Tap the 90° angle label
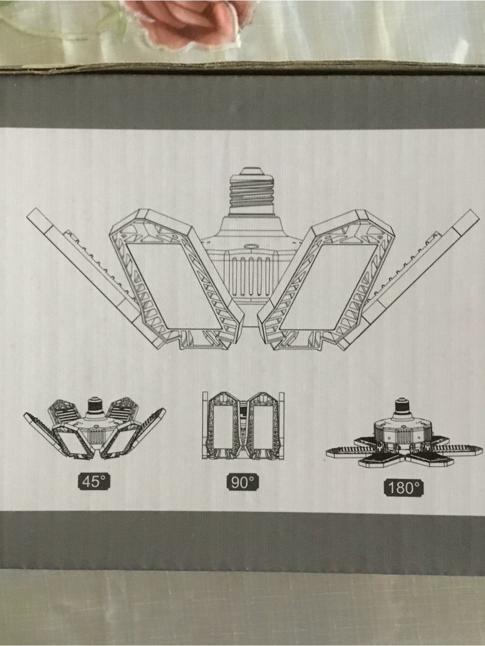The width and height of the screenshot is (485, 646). pos(242,482)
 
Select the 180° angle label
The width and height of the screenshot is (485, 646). pos(404,488)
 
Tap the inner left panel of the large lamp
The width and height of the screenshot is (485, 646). pos(177,280)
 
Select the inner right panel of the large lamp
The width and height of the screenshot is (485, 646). pos(327,280)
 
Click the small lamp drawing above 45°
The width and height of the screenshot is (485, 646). pos(94,429)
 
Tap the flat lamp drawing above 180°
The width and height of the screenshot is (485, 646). pos(404,433)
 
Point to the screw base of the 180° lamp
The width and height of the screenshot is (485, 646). pos(402,406)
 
